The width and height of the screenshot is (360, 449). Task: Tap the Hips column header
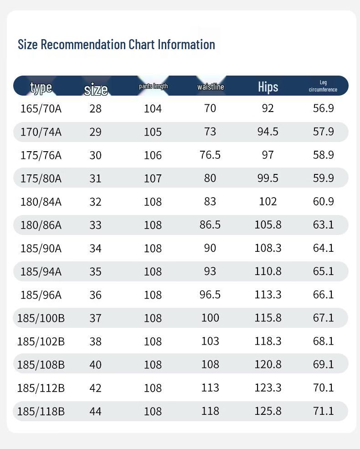point(268,87)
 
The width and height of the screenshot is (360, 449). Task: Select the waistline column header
point(211,87)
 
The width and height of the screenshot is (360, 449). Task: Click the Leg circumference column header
point(323,86)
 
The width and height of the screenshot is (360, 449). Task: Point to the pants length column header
point(153,86)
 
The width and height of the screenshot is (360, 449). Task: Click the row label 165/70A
point(41,108)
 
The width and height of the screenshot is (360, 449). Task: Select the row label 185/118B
point(41,411)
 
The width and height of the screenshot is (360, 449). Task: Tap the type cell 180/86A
point(41,225)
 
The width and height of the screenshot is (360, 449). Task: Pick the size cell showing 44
point(95,411)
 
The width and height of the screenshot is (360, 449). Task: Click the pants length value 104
point(153,108)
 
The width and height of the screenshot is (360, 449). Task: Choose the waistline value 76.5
point(210,155)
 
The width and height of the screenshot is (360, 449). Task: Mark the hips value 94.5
point(268,132)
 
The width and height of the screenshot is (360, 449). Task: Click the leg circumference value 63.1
point(324,224)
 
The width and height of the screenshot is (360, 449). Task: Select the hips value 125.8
point(268,411)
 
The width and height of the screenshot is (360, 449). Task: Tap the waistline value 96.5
point(210,295)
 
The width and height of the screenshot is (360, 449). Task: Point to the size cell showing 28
point(95,108)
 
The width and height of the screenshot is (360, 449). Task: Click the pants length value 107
point(153,178)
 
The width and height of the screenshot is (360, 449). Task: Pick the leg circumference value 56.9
point(324,108)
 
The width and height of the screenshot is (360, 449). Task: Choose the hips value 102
point(268,201)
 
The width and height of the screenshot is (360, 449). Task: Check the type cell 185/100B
point(41,318)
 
